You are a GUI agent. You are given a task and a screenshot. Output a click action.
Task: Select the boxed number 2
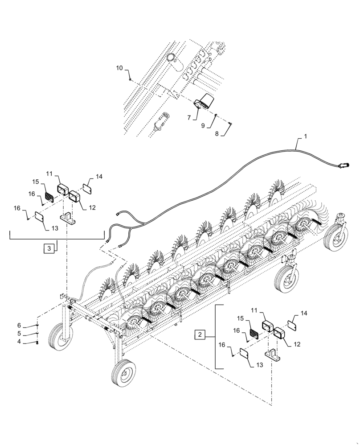200,334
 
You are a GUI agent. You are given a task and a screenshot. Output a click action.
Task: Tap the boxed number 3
49,248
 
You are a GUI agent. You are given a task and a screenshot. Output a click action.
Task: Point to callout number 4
19,342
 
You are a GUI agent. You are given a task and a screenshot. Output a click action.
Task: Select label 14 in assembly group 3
98,177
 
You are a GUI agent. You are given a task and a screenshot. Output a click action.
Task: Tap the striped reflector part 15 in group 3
48,197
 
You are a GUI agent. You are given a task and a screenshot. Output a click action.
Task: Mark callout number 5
19,334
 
